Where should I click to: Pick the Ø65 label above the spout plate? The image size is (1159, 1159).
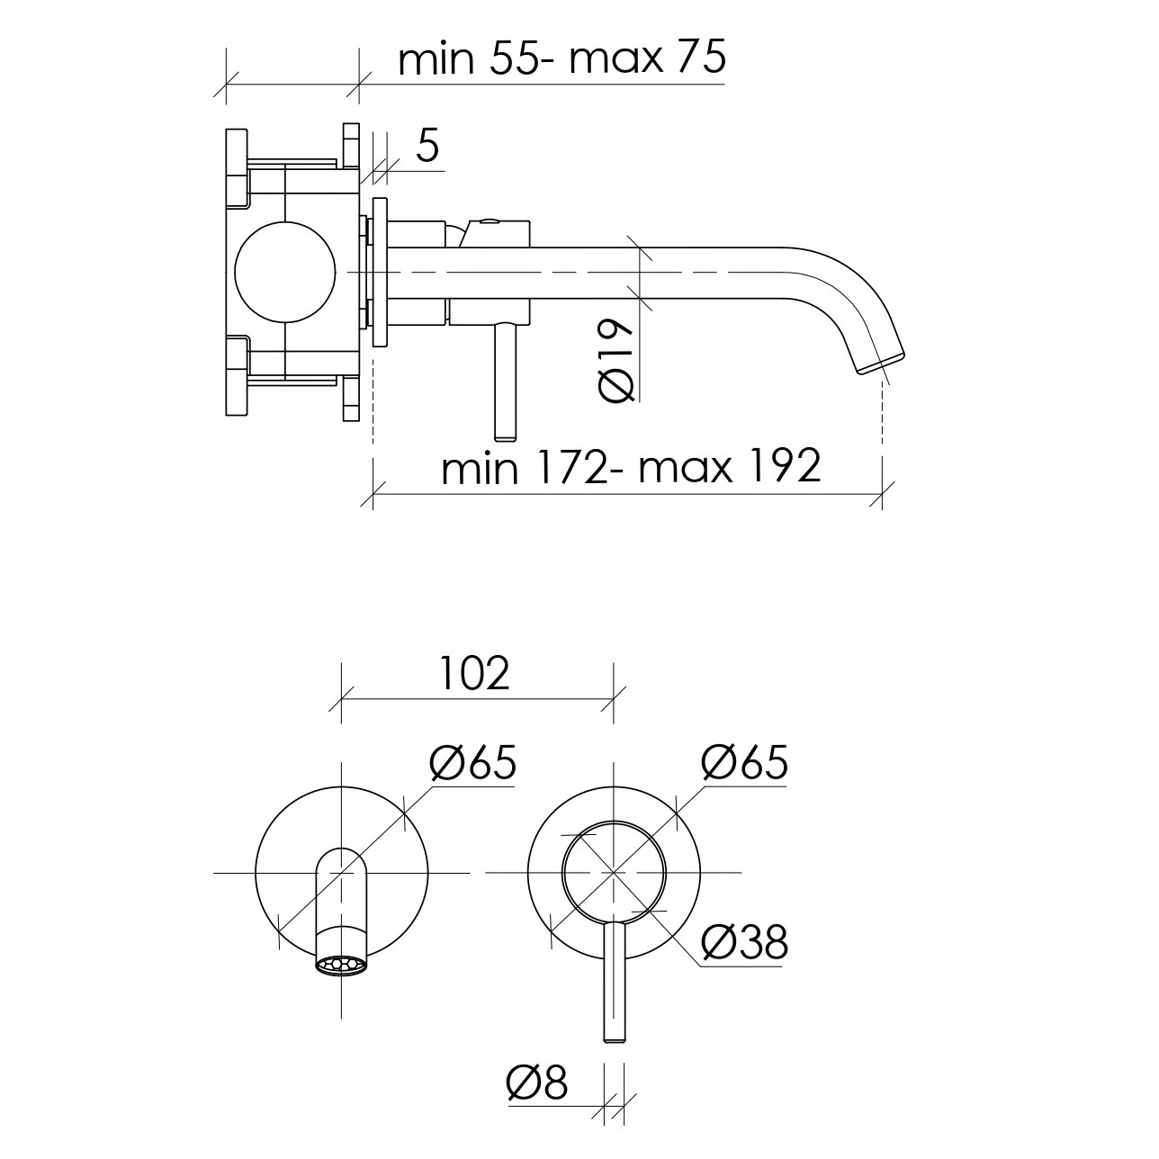click(x=472, y=762)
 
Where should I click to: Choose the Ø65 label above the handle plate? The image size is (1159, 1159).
click(x=744, y=762)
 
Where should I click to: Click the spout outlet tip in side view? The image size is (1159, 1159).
click(x=881, y=364)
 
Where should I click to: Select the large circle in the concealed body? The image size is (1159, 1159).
click(x=284, y=273)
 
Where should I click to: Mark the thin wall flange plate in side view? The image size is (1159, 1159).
click(x=380, y=273)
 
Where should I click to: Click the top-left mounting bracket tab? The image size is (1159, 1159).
click(x=237, y=168)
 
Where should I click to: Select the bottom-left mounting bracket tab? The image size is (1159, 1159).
click(x=237, y=376)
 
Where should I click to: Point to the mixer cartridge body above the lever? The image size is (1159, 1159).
click(x=489, y=273)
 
